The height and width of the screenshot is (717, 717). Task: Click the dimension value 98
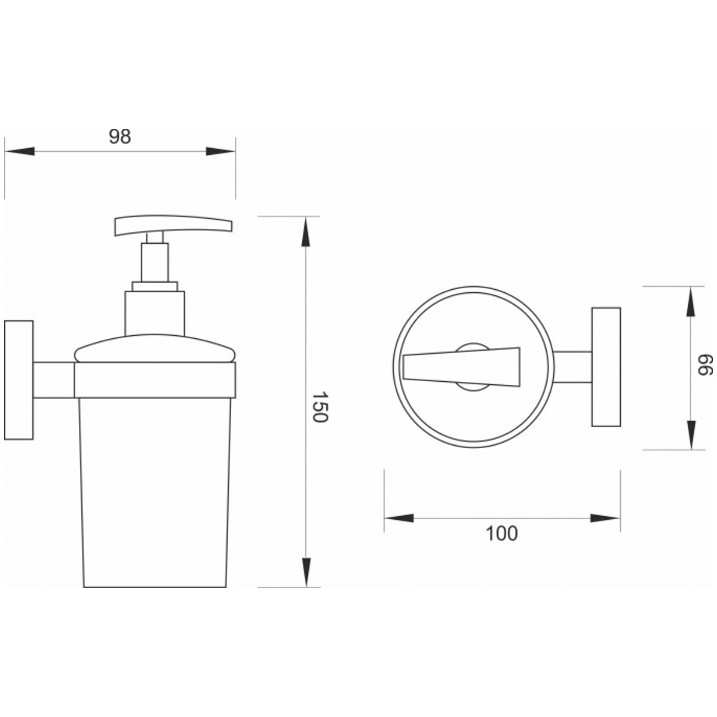(x=120, y=137)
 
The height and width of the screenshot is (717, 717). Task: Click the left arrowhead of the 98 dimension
(x=19, y=151)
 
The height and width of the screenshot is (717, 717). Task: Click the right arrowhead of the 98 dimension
(x=220, y=151)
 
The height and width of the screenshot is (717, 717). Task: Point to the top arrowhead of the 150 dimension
(x=305, y=231)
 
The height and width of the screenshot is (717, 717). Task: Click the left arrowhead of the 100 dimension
(x=399, y=518)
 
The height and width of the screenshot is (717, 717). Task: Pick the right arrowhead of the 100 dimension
(x=605, y=518)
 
